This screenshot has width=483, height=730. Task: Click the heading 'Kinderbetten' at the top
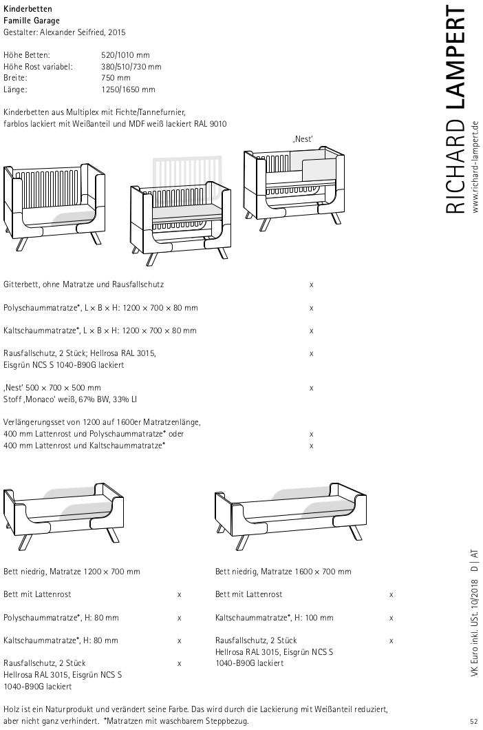(x=27, y=9)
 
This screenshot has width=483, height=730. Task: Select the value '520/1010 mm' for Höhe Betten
(x=125, y=54)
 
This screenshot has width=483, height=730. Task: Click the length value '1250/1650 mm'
(x=128, y=90)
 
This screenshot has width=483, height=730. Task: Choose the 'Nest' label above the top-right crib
(x=303, y=139)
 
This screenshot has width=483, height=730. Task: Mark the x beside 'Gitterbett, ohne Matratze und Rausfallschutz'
(x=312, y=284)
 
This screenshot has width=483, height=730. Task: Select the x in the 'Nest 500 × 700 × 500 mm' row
(x=312, y=388)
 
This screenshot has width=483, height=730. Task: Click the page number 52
(x=474, y=721)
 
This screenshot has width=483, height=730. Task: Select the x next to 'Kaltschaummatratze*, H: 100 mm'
(x=391, y=618)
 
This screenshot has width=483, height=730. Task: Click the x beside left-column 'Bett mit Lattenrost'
(x=180, y=594)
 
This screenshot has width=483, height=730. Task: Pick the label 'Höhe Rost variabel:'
(x=38, y=66)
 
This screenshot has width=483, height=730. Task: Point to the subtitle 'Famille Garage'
(x=32, y=21)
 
